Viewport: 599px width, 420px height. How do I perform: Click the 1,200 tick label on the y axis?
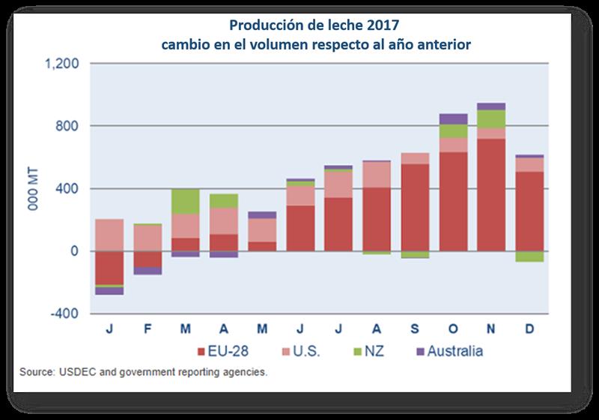tap(64, 64)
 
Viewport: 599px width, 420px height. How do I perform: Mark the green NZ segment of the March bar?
tap(185, 202)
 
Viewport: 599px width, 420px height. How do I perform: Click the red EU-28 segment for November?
tap(491, 195)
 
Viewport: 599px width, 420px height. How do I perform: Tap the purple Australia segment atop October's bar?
tap(454, 118)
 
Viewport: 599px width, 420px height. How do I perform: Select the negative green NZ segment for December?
tap(529, 256)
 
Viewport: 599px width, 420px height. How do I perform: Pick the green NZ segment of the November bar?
tap(491, 119)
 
